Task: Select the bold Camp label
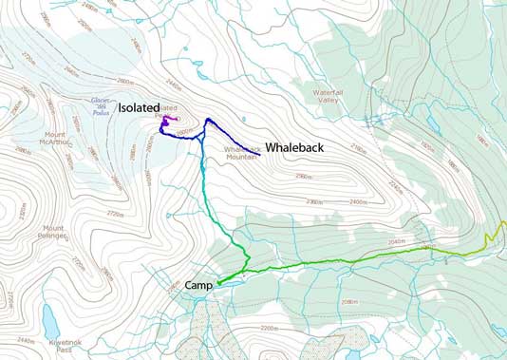pos(194,285)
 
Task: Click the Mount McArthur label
pos(56,138)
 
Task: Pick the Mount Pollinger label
pos(53,232)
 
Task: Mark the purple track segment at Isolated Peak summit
pos(167,122)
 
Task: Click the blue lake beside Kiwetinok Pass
pos(49,314)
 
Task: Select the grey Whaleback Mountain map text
pos(241,154)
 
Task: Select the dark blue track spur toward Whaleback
pos(233,142)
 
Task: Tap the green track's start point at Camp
pos(217,282)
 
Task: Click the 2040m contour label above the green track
pos(397,242)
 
